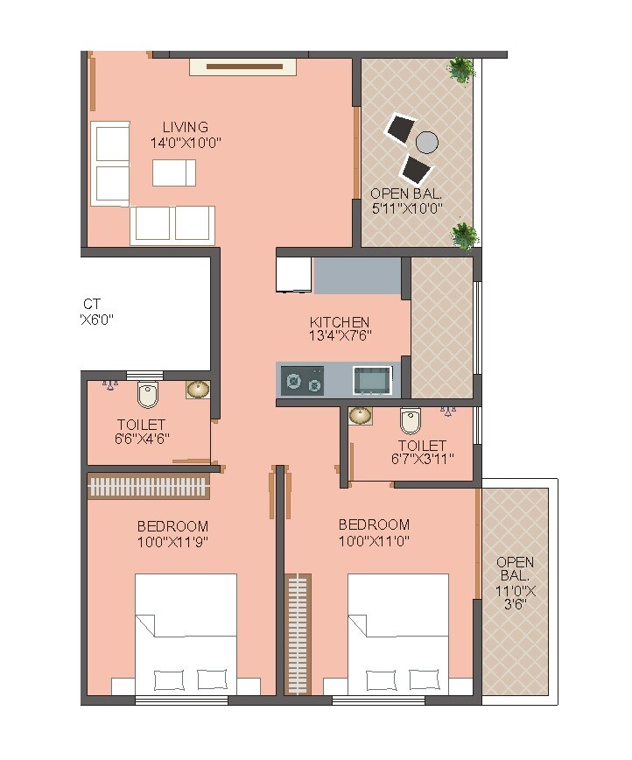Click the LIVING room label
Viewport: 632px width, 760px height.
coord(185,127)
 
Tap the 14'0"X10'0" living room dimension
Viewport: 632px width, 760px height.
coord(185,143)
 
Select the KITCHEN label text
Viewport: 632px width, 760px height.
coord(340,322)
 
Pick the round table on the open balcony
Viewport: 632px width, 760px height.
coord(426,142)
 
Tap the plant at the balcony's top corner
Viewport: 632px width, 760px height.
coord(460,69)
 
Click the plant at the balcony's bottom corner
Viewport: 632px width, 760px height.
coord(464,234)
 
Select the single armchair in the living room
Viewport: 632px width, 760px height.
coord(174,173)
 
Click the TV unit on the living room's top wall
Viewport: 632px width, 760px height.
coord(244,66)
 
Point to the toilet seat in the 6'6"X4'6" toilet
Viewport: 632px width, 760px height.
coord(149,397)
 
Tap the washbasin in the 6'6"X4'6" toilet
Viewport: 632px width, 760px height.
coord(198,390)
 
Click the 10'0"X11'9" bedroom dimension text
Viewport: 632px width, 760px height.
coord(172,542)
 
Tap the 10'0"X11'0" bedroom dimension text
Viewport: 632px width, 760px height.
coord(374,540)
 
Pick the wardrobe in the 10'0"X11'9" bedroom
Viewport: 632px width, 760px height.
coord(148,487)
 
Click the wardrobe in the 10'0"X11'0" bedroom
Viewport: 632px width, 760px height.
coord(298,633)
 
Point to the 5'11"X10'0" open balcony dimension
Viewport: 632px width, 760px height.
coord(405,208)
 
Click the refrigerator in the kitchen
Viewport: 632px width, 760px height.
coord(293,275)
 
